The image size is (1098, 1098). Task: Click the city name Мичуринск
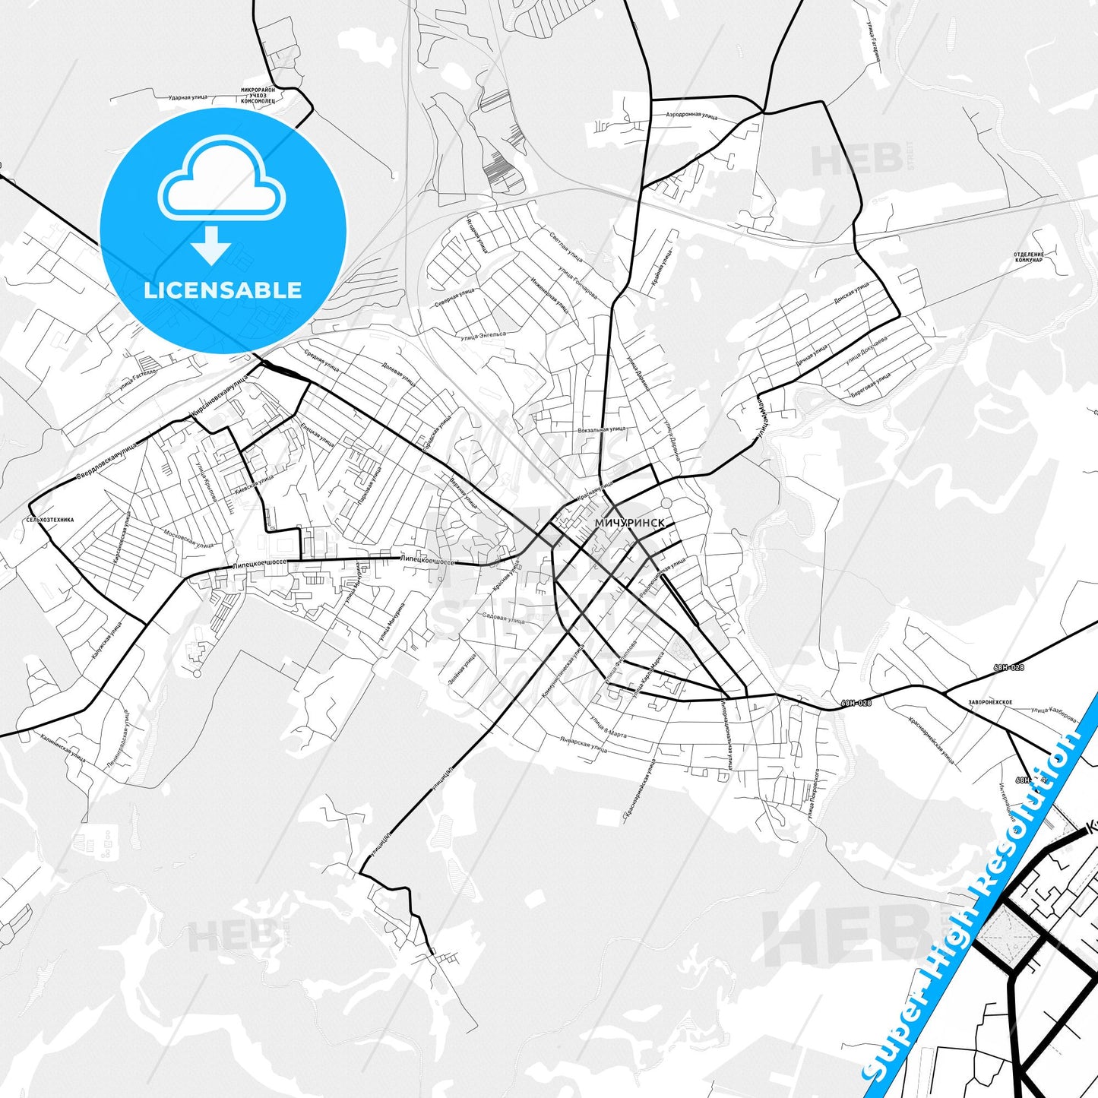coord(629,524)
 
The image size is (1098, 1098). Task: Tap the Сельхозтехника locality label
coord(50,520)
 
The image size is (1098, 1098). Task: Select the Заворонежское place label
coord(989,702)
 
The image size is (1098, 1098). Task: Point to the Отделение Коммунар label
coord(1028,257)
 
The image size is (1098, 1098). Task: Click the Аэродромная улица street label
coord(691,115)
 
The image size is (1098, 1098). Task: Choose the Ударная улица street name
coord(188,98)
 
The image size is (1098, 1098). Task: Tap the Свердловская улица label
coord(106,463)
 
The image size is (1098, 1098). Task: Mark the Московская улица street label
coord(188,539)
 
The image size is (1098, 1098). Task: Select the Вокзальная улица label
coord(602,429)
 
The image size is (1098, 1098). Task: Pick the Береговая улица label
coord(872,381)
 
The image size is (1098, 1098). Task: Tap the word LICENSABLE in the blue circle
coord(223,290)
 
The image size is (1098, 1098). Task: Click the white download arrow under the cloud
coord(211,244)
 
